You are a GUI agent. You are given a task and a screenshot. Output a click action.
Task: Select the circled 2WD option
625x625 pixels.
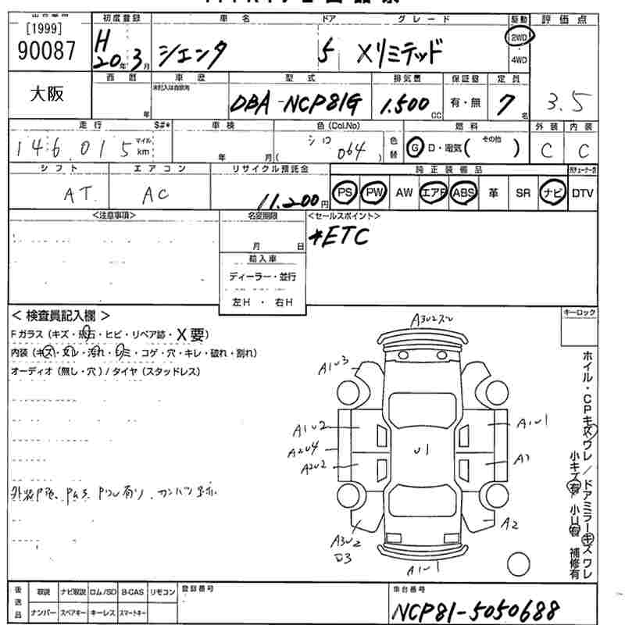click(x=519, y=37)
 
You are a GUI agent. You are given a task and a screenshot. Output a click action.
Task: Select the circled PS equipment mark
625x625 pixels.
click(x=344, y=192)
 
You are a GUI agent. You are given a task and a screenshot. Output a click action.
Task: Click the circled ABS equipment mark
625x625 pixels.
click(x=462, y=192)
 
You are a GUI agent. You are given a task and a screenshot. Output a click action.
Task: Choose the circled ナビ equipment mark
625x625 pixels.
click(x=552, y=192)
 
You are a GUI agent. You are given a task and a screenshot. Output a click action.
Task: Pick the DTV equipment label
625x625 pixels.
click(x=583, y=192)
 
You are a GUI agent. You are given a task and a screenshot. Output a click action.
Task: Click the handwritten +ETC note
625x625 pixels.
click(x=338, y=237)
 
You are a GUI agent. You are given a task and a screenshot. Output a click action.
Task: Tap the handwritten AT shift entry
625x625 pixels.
click(x=76, y=194)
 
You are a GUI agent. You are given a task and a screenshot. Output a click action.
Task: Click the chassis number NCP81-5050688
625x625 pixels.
click(x=477, y=609)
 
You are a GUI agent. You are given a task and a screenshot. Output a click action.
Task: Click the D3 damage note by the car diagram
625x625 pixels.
click(x=343, y=557)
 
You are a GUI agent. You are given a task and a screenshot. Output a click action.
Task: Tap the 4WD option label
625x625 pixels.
click(x=519, y=59)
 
